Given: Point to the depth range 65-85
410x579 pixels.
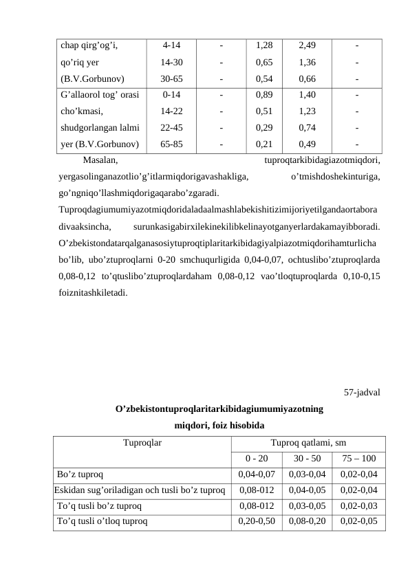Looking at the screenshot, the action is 171,144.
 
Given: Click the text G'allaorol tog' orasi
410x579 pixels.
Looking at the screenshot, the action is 100,95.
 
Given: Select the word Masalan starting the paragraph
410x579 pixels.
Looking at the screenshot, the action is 99,160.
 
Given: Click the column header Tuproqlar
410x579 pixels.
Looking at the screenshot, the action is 142,444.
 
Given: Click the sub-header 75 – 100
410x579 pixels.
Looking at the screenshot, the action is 358,459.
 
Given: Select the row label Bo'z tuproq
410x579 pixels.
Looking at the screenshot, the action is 80,474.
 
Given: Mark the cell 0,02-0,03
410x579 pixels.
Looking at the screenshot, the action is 358,505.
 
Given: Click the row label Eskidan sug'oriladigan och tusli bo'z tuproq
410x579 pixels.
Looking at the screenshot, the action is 140,490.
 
